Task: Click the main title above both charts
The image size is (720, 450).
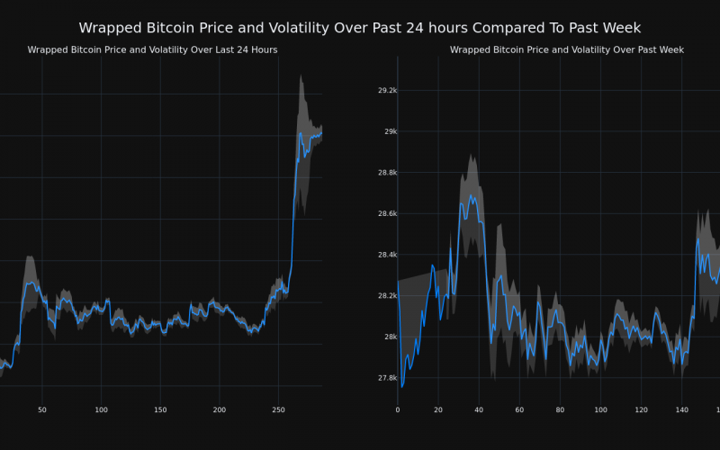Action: pos(360,28)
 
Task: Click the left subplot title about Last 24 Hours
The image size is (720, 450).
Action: pos(152,50)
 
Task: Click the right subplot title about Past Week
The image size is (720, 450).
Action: pos(567,50)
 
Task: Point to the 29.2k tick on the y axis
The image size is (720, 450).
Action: pos(388,91)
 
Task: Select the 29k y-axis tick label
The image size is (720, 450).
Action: pos(391,131)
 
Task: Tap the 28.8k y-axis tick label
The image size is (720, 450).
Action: pos(388,173)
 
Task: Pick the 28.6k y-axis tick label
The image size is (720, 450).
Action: pos(388,214)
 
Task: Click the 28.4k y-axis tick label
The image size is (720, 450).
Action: pos(388,255)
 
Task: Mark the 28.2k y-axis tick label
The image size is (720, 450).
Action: pos(388,295)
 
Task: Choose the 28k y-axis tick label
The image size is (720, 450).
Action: pos(391,337)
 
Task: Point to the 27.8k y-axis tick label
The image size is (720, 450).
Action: pos(388,378)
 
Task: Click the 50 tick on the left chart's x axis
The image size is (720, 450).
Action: pos(42,410)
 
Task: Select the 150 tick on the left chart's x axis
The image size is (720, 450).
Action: pos(160,410)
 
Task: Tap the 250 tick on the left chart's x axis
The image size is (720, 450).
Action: pos(278,410)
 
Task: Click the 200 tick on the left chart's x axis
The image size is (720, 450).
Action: pos(220,410)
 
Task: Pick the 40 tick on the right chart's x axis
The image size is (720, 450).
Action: pos(479,410)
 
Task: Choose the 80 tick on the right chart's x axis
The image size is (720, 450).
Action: pos(560,410)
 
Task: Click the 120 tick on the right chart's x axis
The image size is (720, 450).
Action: pos(641,410)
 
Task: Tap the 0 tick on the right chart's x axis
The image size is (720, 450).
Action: pos(398,410)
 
